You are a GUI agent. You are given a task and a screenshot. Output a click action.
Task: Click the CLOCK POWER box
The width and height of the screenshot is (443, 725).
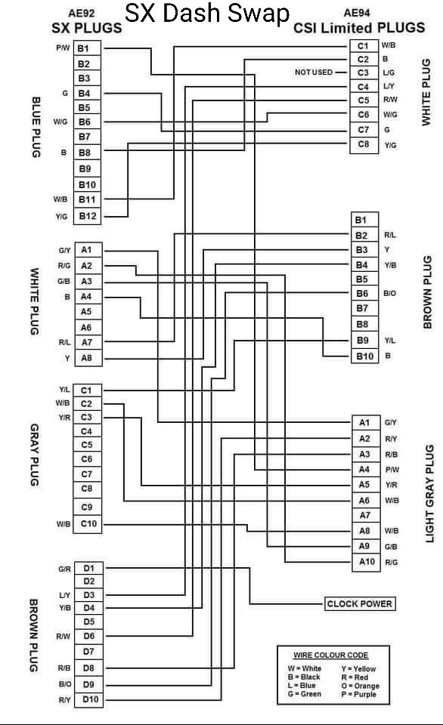pos(360,604)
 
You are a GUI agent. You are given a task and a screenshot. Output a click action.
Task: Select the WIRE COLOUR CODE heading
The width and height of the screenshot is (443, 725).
pos(331,656)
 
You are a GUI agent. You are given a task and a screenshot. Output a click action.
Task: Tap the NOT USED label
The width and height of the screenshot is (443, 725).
pos(314,72)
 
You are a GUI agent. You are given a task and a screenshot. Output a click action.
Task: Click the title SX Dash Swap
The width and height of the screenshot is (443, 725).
pos(207,14)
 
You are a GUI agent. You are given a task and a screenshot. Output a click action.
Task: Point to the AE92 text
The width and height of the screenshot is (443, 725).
pos(82,14)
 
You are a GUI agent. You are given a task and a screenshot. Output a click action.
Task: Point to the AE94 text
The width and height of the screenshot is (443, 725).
pos(357,14)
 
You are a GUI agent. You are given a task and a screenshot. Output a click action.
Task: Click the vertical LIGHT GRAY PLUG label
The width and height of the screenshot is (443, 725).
pos(430,494)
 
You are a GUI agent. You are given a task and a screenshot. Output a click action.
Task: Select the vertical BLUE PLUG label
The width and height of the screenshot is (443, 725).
pos(36,127)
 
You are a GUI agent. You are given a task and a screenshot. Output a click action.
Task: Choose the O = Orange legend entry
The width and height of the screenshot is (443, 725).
pos(360,686)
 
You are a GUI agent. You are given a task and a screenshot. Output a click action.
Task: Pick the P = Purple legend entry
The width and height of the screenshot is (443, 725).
pos(359,694)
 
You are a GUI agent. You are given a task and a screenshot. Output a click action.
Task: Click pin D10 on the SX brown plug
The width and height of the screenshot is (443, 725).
pos(90,699)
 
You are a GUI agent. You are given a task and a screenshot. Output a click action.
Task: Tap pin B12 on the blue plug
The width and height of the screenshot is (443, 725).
pos(88,216)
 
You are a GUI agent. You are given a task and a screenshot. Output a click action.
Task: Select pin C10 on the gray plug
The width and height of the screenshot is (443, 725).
pos(88,524)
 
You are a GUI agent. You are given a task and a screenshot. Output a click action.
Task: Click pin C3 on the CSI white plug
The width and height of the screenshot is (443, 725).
pos(364,72)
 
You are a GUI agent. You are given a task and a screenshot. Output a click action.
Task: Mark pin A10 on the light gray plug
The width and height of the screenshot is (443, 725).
pos(367,562)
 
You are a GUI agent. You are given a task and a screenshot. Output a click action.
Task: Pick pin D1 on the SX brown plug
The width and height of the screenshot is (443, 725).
pos(89,568)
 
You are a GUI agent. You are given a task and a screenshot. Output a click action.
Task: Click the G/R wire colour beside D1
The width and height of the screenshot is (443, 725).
pos(64,569)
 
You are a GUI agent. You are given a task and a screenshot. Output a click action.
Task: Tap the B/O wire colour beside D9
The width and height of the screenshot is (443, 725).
pos(65,684)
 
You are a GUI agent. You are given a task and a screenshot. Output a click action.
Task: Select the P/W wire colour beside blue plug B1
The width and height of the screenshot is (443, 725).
pos(63,48)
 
